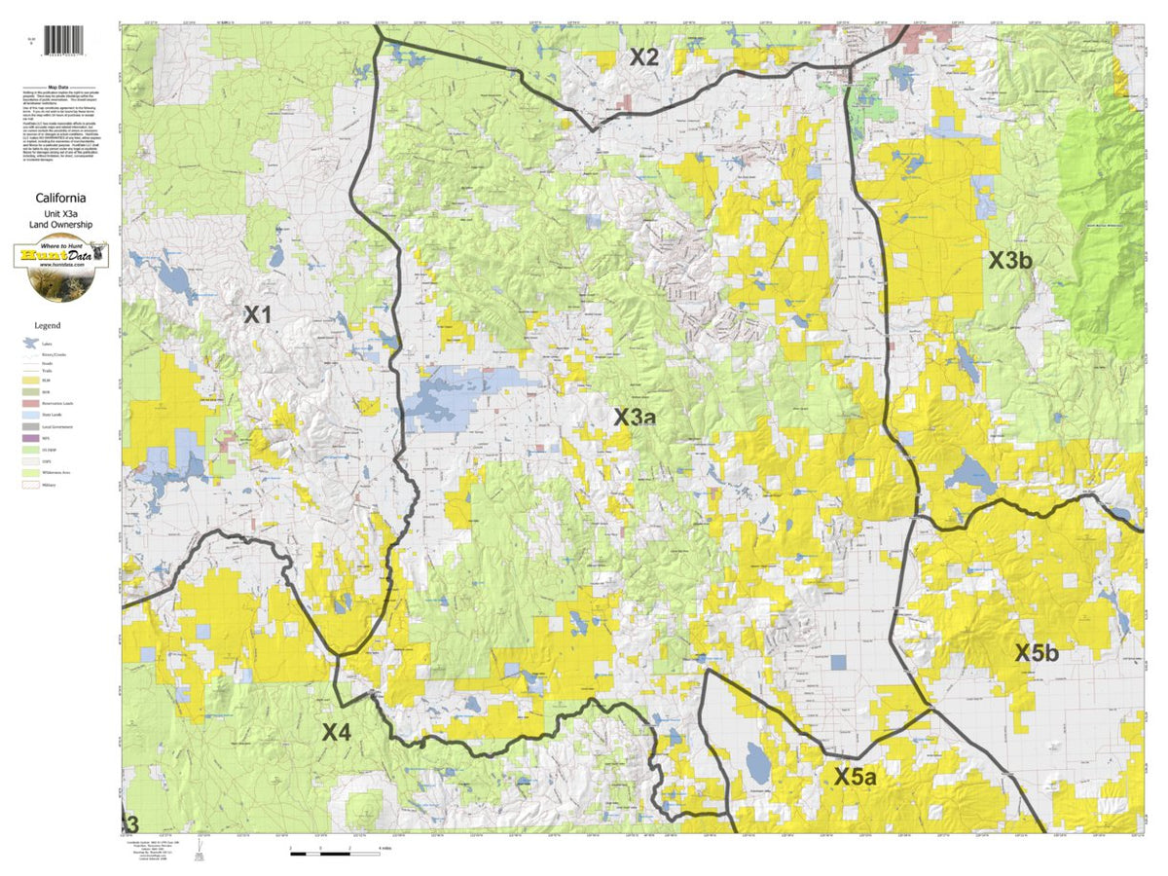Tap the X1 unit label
click(x=257, y=314)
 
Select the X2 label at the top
click(x=643, y=57)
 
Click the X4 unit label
click(x=336, y=732)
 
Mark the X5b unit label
click(x=1037, y=653)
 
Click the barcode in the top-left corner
click(x=65, y=40)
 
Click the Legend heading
click(x=48, y=325)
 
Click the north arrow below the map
click(x=200, y=854)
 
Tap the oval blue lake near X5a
click(x=754, y=760)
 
